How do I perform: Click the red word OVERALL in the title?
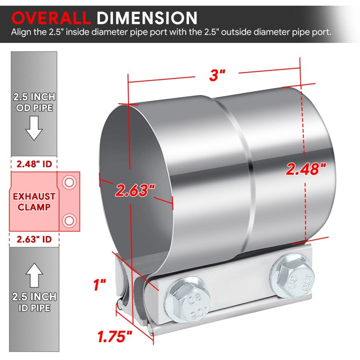(x=51, y=18)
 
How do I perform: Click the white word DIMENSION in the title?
(x=147, y=18)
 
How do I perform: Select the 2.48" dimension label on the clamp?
(x=306, y=169)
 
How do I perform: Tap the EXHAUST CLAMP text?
(x=34, y=202)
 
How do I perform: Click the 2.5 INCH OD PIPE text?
(x=34, y=102)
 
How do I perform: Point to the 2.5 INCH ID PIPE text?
(x=34, y=302)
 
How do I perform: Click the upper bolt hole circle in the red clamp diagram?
(x=69, y=183)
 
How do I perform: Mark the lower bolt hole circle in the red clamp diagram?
(x=69, y=219)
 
